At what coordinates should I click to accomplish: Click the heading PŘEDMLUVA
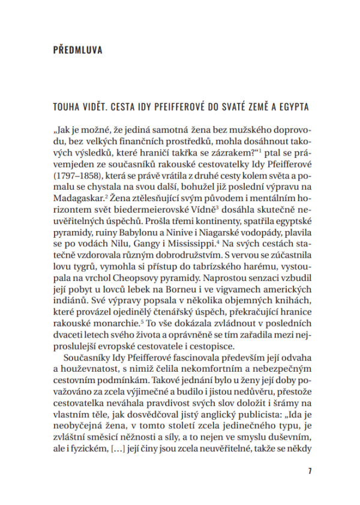tap(77, 50)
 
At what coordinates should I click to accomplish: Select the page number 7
tap(310, 471)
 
